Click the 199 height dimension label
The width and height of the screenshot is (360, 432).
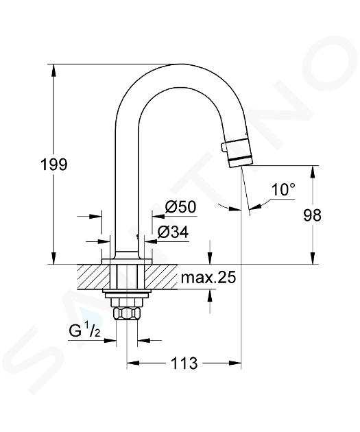coord(53,165)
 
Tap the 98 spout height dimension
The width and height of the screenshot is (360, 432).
coord(312,215)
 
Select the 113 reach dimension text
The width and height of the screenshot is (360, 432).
coord(184,363)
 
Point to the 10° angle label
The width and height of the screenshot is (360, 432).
coord(283,189)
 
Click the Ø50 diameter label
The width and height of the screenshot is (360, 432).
coord(181,206)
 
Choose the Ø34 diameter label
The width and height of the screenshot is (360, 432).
coord(173,232)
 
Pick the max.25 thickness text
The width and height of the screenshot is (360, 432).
coord(208,278)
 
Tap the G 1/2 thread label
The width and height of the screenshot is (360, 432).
coord(84,331)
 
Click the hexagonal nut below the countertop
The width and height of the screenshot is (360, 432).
coord(127,313)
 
